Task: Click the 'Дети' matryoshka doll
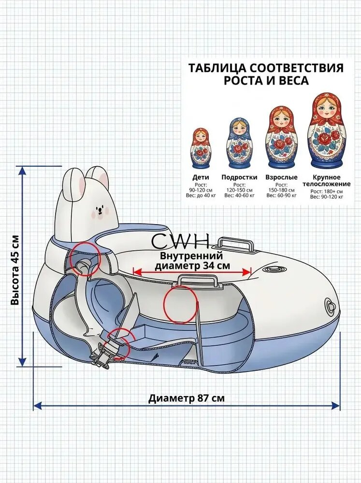point(201,147)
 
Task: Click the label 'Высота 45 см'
point(15,270)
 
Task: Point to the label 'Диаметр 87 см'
point(187,398)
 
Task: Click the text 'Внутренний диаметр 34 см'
point(192,260)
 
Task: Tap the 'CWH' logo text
point(180,241)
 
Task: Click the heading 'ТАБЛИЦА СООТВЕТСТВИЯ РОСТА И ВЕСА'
point(266,74)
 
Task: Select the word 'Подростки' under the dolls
point(239,177)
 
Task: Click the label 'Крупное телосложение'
point(327,181)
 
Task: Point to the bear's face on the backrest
point(99,212)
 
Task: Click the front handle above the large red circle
point(200,281)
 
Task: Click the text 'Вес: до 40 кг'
point(201,195)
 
